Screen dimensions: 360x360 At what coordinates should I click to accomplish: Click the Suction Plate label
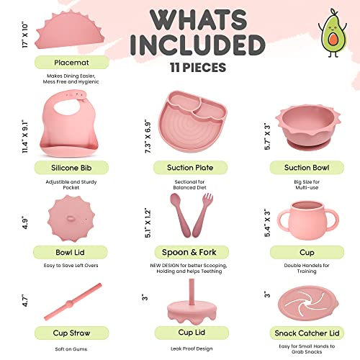180,168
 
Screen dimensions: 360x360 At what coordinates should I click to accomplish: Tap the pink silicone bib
60,122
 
